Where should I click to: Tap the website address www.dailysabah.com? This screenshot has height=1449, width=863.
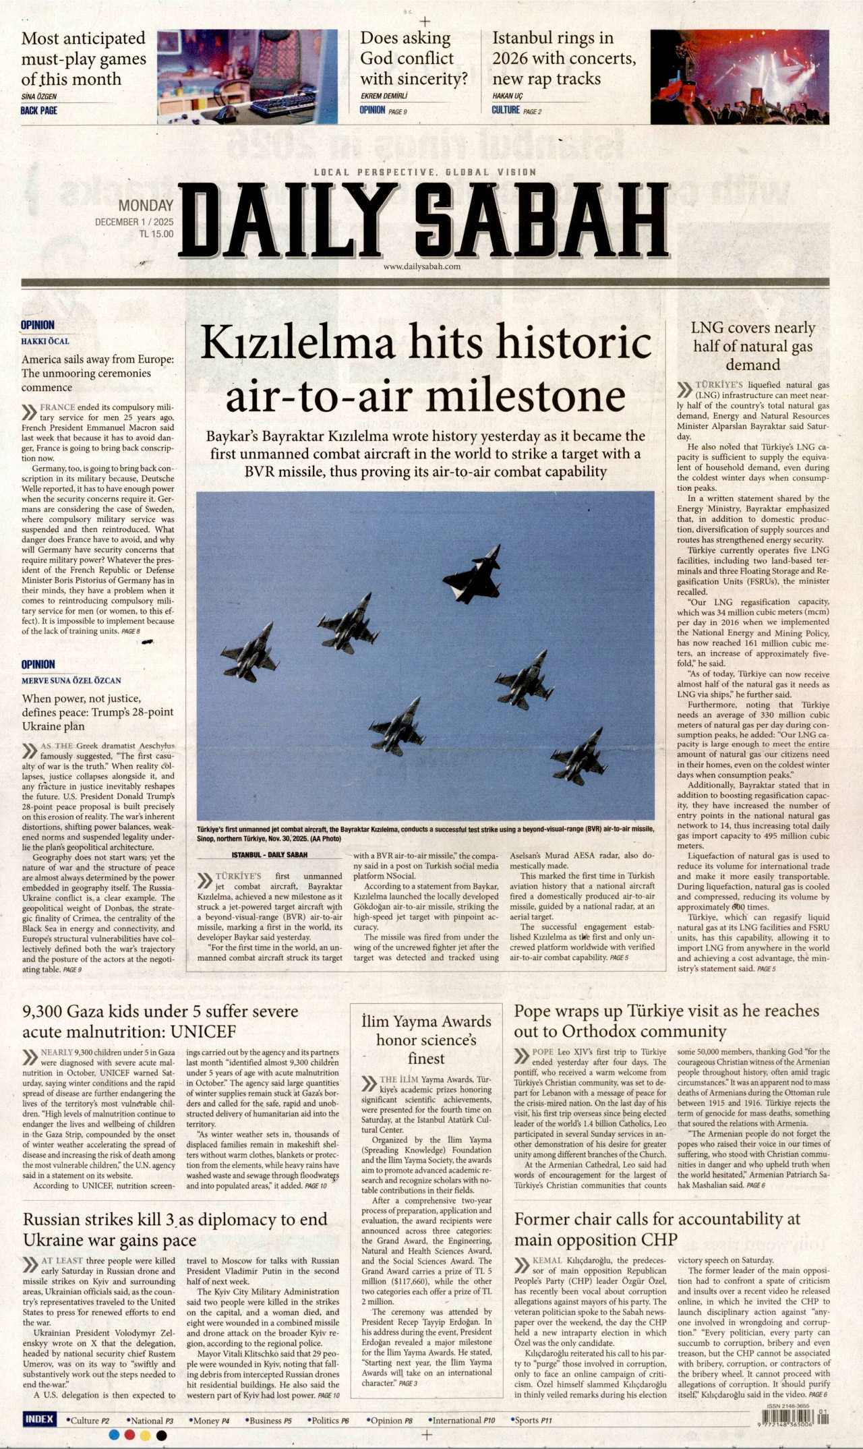click(422, 266)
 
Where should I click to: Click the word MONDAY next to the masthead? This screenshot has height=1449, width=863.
click(146, 206)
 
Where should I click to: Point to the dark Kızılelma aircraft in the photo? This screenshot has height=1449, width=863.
click(475, 575)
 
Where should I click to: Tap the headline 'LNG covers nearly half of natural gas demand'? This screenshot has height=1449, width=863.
click(753, 347)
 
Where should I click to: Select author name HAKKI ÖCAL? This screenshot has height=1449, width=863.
click(45, 341)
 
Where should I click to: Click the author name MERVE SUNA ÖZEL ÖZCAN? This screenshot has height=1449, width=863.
click(71, 680)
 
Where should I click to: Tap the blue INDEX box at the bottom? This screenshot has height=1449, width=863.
click(40, 1419)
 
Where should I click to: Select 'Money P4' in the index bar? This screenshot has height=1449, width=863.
click(209, 1420)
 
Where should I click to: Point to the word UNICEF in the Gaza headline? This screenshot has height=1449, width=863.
click(204, 1032)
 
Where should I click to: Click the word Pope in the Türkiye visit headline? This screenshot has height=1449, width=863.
click(531, 1011)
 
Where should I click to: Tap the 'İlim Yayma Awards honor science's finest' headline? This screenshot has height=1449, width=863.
click(426, 1040)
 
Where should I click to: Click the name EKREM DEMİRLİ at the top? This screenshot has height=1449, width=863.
click(385, 96)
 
